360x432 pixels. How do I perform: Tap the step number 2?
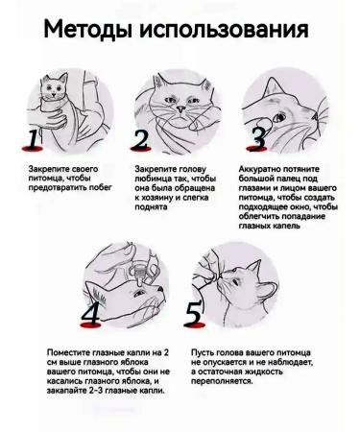[x=141, y=141]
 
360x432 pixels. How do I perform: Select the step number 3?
[x=257, y=139]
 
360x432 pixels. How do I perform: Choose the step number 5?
[x=193, y=314]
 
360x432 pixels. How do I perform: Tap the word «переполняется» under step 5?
[x=223, y=380]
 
